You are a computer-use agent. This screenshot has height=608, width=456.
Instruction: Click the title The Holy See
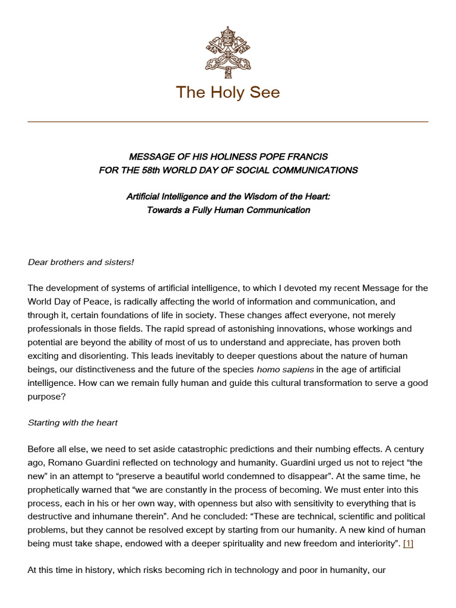click(x=228, y=93)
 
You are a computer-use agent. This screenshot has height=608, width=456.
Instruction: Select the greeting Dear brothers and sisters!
click(x=72, y=262)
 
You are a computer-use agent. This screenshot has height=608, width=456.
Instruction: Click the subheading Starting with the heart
click(x=72, y=423)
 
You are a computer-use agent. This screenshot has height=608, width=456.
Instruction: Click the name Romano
click(x=66, y=463)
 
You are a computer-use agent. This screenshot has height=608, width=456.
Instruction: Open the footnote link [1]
click(x=408, y=543)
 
